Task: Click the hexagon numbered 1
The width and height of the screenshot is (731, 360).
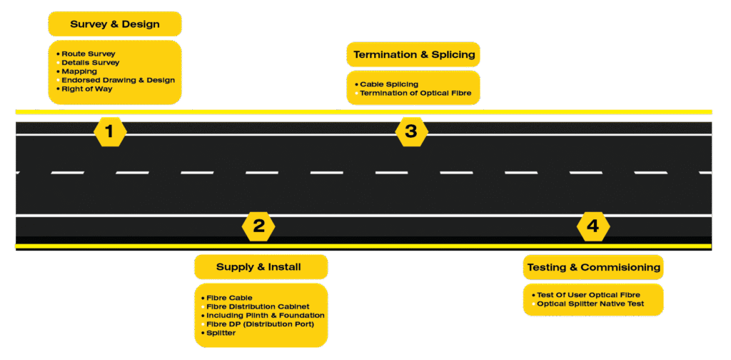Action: tap(109, 131)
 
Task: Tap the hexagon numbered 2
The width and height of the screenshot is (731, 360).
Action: tap(258, 226)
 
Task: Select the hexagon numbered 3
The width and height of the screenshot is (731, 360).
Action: tap(410, 131)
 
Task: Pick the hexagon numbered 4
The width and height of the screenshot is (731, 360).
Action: tap(593, 226)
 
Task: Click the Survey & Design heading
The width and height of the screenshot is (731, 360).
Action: tap(114, 24)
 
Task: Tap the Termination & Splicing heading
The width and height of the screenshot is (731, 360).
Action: tap(413, 54)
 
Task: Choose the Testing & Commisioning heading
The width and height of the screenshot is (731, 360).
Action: tap(593, 267)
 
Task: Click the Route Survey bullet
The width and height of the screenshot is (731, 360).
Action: tap(88, 54)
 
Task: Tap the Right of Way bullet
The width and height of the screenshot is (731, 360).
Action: tap(86, 89)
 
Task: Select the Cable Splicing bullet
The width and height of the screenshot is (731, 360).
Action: tap(388, 84)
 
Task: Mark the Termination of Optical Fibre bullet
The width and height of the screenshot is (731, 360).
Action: tap(415, 94)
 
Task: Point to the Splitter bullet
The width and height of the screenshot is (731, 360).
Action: tap(221, 333)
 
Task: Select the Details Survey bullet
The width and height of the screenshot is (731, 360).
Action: tap(90, 63)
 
